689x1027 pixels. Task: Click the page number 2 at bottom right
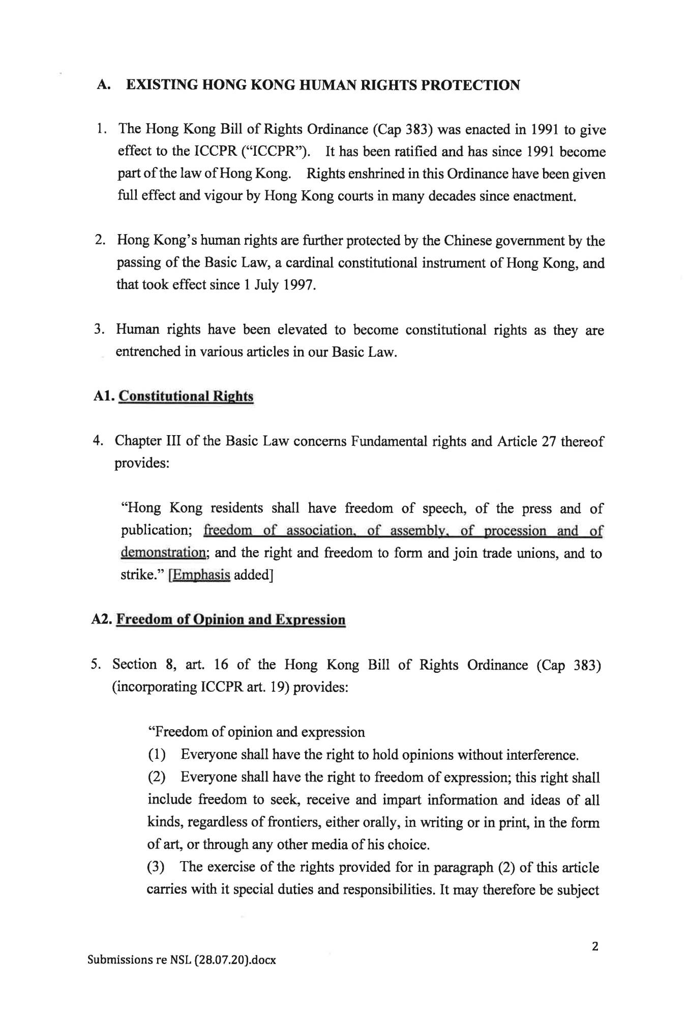[x=595, y=946]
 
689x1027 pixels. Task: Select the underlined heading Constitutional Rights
[x=186, y=396]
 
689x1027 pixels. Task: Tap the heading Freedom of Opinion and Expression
[x=231, y=620]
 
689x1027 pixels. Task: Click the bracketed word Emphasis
[x=200, y=575]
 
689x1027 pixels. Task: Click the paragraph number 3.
[x=99, y=329]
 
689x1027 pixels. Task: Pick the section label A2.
[x=102, y=620]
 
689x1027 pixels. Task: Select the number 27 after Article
[x=549, y=441]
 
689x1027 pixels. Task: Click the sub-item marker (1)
[x=157, y=755]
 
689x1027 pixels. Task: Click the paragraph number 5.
[x=96, y=664]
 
